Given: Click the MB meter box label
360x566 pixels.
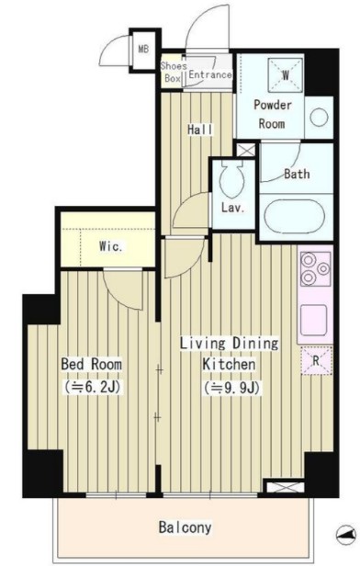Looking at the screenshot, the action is (x=143, y=49).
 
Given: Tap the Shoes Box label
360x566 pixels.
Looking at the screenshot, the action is (x=174, y=72).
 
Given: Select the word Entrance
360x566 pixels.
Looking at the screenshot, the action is (x=210, y=74).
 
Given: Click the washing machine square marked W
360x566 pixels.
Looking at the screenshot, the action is (x=286, y=75).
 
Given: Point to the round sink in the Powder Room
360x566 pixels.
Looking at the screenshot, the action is (x=320, y=118).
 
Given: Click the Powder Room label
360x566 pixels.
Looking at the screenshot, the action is (x=273, y=114).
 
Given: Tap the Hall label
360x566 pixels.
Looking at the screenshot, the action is (x=200, y=130).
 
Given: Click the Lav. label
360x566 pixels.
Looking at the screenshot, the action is (x=233, y=208).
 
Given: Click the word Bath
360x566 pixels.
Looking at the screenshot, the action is (x=297, y=174).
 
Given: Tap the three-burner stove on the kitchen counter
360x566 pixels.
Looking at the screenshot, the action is (x=316, y=269).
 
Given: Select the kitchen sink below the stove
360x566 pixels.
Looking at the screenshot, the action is (x=314, y=320).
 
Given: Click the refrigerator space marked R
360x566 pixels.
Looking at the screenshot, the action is (x=316, y=360).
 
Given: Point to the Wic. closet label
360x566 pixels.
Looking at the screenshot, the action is (x=111, y=247).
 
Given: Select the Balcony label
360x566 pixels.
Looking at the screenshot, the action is (x=185, y=527).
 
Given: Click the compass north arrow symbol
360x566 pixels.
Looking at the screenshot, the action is (x=345, y=535).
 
